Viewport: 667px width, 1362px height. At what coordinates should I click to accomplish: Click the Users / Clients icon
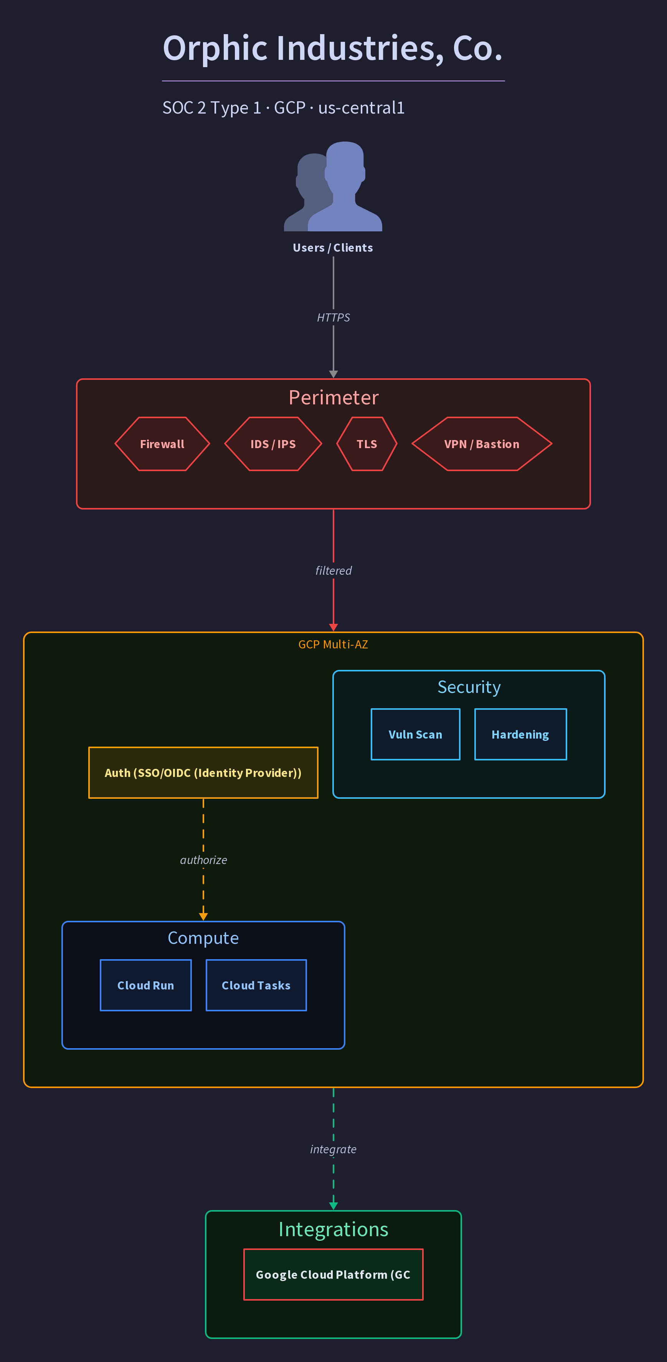333,186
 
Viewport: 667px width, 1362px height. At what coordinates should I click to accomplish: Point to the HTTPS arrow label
333,317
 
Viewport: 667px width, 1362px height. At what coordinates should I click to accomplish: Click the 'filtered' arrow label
333,571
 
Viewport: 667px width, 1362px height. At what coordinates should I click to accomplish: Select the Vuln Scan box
416,734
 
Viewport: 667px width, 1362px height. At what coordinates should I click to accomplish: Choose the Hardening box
520,734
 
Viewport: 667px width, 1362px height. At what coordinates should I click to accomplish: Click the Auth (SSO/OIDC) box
203,772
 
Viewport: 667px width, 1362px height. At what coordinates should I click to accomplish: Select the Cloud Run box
146,985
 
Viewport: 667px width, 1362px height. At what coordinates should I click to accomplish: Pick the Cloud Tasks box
256,985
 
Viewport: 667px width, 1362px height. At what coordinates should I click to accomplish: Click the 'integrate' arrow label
333,1149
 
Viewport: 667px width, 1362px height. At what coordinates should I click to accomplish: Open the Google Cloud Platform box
333,1274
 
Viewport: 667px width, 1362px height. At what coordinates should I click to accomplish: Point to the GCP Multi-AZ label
333,644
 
